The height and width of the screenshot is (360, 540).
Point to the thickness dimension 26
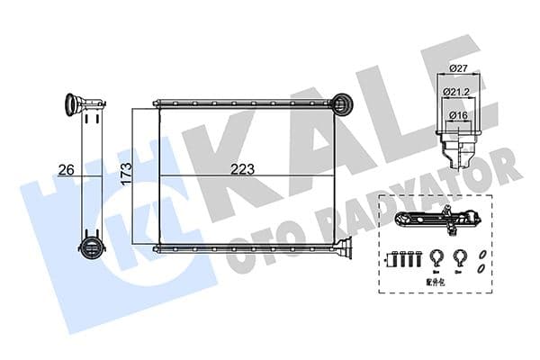[x=64, y=168]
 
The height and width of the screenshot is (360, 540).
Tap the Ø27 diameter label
[x=459, y=68]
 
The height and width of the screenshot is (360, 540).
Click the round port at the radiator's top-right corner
[x=343, y=104]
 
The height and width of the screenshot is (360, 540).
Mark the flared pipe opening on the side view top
[x=75, y=103]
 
